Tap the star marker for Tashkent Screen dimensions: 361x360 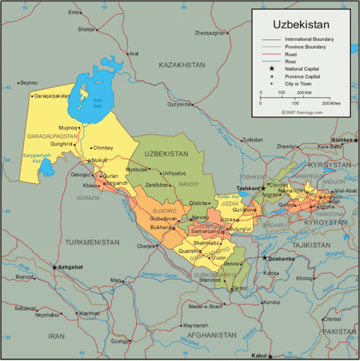click(263, 188)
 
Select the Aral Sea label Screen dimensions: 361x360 click(97, 104)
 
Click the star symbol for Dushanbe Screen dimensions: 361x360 click(264, 258)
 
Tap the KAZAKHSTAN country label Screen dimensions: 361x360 click(182, 64)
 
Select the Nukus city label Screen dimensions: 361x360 click(100, 161)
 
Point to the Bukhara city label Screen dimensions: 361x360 click(161, 228)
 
